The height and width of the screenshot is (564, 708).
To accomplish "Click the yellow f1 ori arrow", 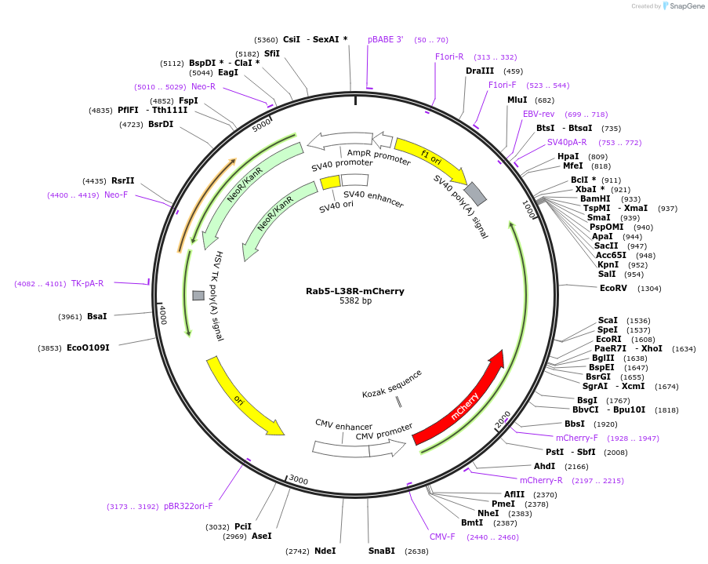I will [430, 159].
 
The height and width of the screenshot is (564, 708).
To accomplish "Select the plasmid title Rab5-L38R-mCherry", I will [354, 291].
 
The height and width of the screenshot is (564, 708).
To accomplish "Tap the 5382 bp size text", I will [355, 301].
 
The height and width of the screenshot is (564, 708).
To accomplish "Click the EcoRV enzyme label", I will [613, 289].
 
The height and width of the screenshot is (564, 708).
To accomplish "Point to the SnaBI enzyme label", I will [382, 551].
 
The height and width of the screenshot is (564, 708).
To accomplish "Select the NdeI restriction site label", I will [325, 551].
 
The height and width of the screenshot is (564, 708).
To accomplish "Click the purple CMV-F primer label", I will [442, 537].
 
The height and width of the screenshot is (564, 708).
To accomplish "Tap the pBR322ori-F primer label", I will [188, 506].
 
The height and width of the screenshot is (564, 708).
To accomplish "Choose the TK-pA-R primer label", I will [87, 283].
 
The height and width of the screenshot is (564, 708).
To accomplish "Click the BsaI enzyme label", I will [96, 316].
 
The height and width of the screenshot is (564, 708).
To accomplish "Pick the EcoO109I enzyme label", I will [88, 347].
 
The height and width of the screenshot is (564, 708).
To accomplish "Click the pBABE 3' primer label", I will [386, 39].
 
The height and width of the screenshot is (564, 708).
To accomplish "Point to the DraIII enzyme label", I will [480, 71].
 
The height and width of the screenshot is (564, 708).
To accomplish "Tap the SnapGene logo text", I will [685, 6].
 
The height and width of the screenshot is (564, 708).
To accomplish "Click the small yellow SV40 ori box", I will [330, 183].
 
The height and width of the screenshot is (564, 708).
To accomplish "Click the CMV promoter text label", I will [383, 431].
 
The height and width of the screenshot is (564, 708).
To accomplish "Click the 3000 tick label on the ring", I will [298, 479].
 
